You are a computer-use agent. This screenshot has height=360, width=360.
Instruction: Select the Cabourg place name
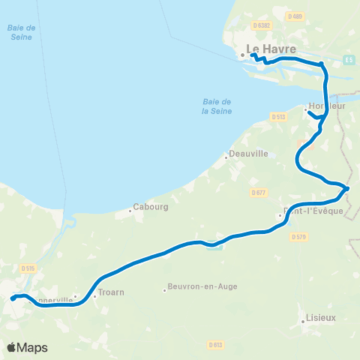point(150,206)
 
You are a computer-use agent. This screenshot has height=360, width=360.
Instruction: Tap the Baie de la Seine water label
point(217,106)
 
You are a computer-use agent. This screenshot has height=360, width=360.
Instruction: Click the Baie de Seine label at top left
point(22,32)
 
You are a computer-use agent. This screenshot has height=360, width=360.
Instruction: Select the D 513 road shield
point(278,116)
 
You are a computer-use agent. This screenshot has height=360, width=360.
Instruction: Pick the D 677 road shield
point(259,193)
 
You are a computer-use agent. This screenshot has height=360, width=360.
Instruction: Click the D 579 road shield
point(299,237)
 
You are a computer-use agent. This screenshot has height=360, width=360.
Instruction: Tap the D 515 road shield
point(28,268)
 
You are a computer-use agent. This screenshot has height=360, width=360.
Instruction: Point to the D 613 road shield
point(215,345)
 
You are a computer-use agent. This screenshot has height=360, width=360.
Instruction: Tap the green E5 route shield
point(349,58)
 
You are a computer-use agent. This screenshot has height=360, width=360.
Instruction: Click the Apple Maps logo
point(27,347)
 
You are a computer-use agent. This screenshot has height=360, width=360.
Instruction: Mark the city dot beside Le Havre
point(242,55)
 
